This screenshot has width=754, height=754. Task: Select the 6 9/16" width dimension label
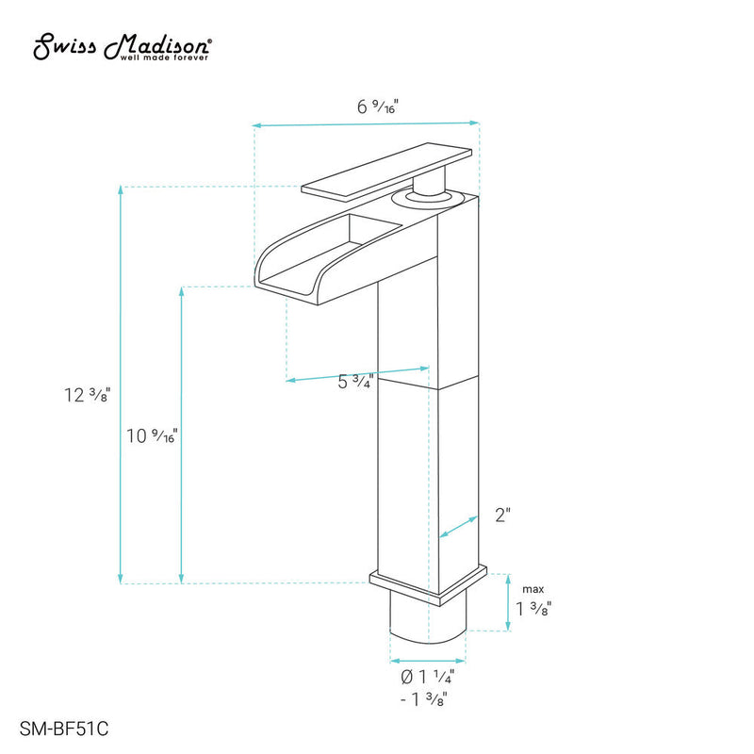[x=377, y=107]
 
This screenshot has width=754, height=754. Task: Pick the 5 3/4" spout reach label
[x=355, y=382]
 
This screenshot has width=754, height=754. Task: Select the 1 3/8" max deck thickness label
[x=533, y=608]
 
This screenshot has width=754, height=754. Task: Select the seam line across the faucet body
[x=429, y=384]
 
